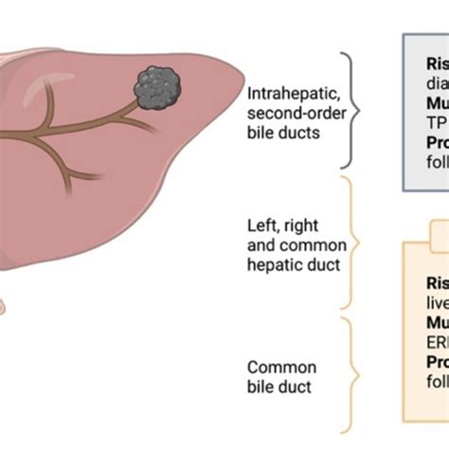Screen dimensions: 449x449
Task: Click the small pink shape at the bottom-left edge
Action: [4, 306]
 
